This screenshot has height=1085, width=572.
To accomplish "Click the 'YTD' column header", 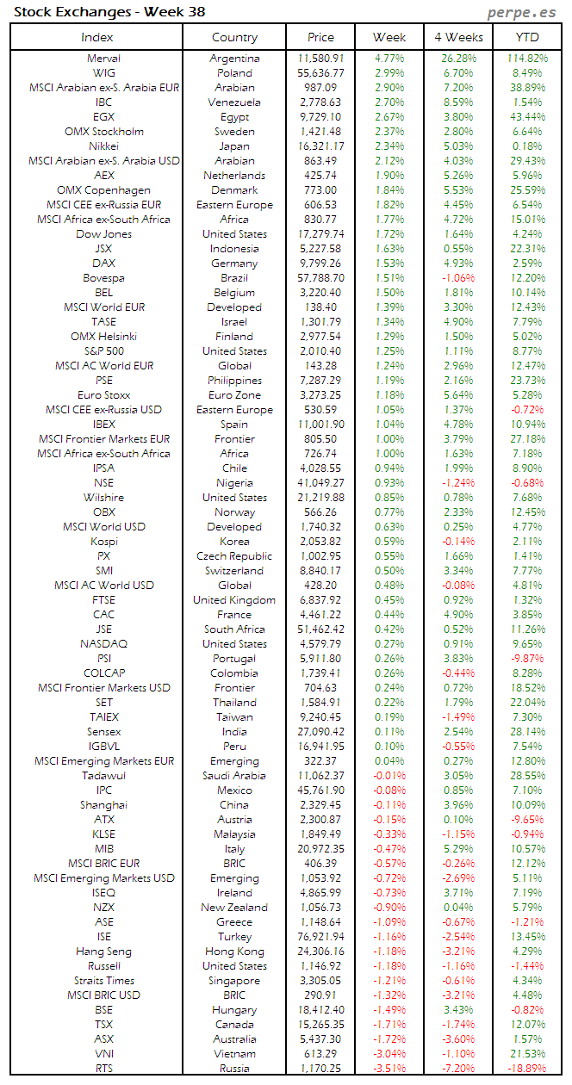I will coord(527,37).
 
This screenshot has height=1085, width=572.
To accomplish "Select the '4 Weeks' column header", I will coord(458,37).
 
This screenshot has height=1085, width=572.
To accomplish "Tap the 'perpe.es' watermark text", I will coord(522,12).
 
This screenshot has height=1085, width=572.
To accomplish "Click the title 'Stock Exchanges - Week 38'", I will coord(109,12).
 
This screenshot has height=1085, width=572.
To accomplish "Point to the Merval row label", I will coord(104,59).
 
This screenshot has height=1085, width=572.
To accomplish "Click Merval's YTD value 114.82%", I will coord(527,59).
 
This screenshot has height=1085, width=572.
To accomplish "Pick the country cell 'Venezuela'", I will coord(234,102).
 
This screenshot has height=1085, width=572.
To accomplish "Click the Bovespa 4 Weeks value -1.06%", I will coord(458,278).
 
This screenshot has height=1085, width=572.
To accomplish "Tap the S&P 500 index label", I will coord(104,351).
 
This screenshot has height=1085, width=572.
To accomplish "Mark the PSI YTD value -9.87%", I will coord(527,659).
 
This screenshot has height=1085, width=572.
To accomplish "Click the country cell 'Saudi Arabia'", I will coord(234,776).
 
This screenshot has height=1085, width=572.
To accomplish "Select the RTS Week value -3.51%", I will coord(389,1069).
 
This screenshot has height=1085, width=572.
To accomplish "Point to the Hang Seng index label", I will coord(104,952).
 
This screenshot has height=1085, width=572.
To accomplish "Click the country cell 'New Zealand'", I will coord(234,908).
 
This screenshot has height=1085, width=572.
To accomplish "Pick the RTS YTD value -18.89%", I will coord(527,1069).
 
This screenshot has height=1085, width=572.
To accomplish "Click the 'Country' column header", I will coord(234,37).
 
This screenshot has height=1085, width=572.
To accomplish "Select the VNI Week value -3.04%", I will coord(389,1054).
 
